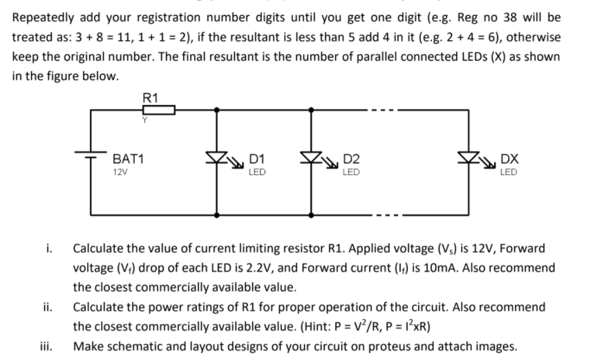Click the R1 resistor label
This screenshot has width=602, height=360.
[149, 97]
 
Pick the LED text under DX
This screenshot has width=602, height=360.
[508, 171]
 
